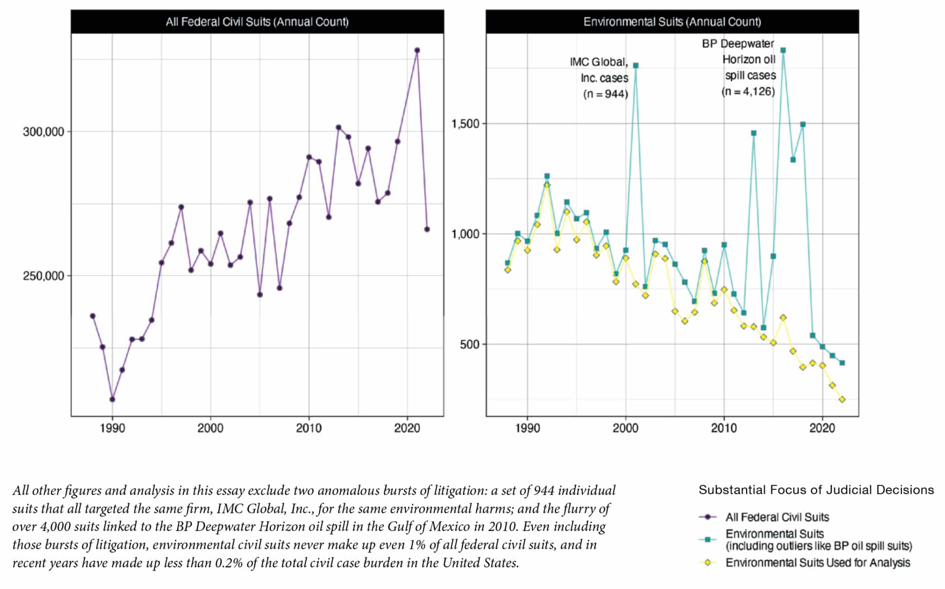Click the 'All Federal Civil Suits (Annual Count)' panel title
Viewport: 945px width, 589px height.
257,22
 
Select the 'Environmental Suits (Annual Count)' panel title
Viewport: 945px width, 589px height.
672,22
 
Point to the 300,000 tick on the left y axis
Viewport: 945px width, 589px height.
43,132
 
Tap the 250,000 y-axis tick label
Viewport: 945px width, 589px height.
43,276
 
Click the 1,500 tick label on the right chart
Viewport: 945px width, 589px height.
465,124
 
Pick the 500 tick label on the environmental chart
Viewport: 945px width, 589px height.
469,344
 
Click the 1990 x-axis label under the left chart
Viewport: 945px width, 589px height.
112,428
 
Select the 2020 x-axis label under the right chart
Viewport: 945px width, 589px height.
822,428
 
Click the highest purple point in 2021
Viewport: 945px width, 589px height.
417,50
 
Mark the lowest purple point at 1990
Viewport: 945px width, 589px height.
112,399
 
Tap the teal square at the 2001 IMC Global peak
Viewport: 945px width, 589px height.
635,66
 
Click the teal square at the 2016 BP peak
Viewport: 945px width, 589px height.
783,50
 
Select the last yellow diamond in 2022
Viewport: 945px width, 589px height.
842,399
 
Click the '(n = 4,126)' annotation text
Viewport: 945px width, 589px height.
748,91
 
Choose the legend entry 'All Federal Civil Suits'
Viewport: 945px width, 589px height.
777,517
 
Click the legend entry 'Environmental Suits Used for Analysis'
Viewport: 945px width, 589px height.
817,563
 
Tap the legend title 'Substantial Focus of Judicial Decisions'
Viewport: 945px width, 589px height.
816,490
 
